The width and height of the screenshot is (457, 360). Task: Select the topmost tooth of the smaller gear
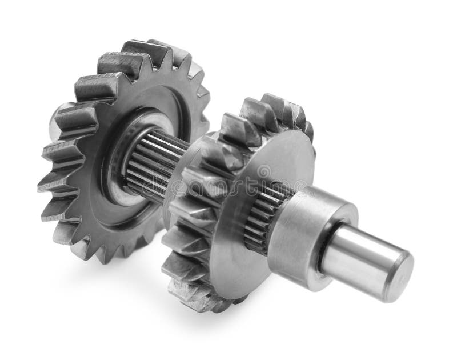click(x=275, y=103)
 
